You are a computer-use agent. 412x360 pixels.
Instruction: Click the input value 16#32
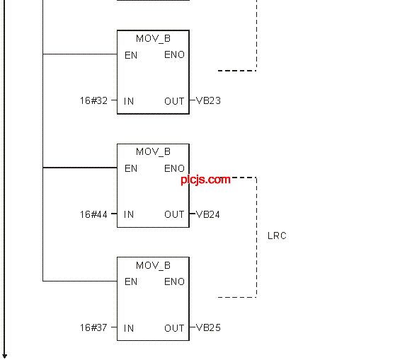(94, 100)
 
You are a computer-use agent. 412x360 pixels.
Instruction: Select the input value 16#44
(94, 214)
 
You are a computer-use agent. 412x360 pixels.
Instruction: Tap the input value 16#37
(94, 327)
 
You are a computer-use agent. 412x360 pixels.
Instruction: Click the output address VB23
(208, 100)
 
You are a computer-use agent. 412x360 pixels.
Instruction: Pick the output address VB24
(208, 214)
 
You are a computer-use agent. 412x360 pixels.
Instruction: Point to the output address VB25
(208, 327)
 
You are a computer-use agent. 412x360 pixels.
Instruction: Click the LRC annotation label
(277, 236)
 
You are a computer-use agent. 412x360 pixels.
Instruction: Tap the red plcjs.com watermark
(206, 180)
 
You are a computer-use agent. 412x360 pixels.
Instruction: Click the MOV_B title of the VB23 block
(153, 39)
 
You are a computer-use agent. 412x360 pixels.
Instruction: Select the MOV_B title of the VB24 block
(153, 152)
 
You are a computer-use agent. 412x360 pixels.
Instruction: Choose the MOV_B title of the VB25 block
(153, 265)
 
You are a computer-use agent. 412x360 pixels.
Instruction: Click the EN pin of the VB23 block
(131, 55)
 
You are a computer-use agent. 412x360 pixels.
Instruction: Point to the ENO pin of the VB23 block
(174, 55)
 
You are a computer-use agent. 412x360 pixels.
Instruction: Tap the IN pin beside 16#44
(129, 214)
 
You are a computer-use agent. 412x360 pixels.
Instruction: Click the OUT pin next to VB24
(174, 214)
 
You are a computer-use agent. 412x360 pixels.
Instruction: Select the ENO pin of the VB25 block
(174, 281)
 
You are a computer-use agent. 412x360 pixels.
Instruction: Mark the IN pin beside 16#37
(129, 328)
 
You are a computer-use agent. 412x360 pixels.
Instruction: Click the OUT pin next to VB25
(174, 328)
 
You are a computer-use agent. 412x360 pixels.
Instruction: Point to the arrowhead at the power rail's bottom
(4, 356)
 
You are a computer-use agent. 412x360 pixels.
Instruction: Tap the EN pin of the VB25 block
(131, 281)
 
